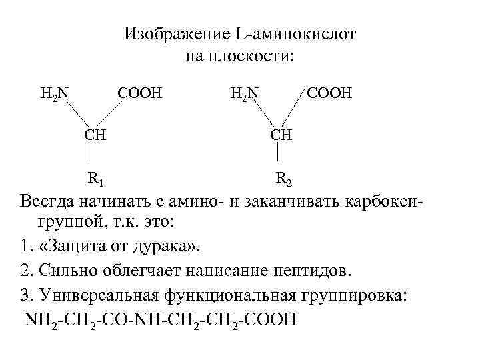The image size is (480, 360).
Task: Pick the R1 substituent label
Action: click(95, 178)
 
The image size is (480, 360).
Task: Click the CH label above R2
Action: click(281, 135)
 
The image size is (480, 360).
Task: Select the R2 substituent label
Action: click(283, 178)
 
